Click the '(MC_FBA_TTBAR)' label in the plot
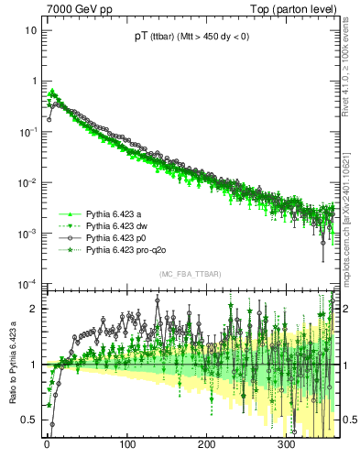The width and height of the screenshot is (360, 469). (x=191, y=274)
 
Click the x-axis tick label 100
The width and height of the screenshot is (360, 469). (x=126, y=445)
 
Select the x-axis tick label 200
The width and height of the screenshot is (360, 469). (x=206, y=445)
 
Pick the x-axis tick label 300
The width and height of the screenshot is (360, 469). (x=286, y=445)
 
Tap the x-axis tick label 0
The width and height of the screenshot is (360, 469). (x=48, y=445)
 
